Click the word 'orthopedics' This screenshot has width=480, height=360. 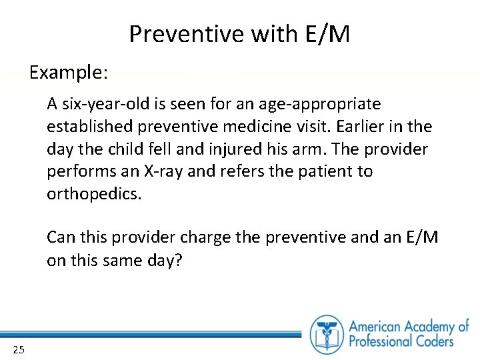point(93,194)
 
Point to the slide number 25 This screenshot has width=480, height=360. point(19,349)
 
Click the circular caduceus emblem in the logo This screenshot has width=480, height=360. point(327,333)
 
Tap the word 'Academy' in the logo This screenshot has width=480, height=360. point(428,327)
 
